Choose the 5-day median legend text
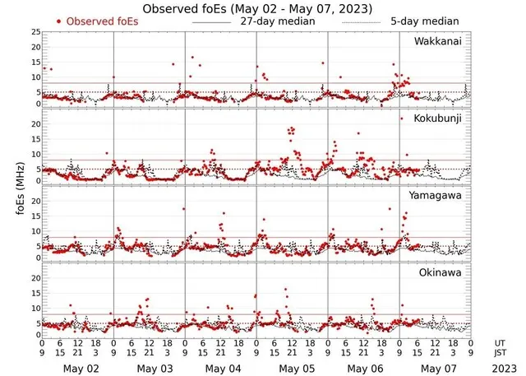[x=425, y=21]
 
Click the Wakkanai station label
[x=439, y=41]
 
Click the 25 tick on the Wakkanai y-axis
[x=35, y=31]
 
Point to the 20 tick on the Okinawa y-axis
[x=35, y=278]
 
